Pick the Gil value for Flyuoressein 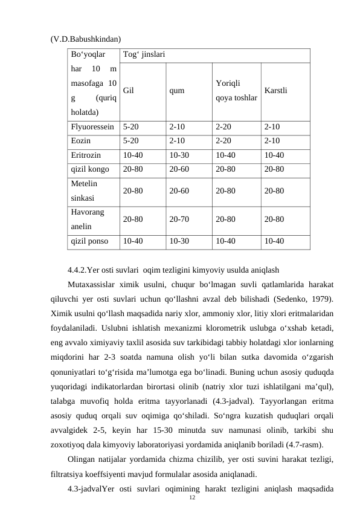(x=131, y=128)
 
